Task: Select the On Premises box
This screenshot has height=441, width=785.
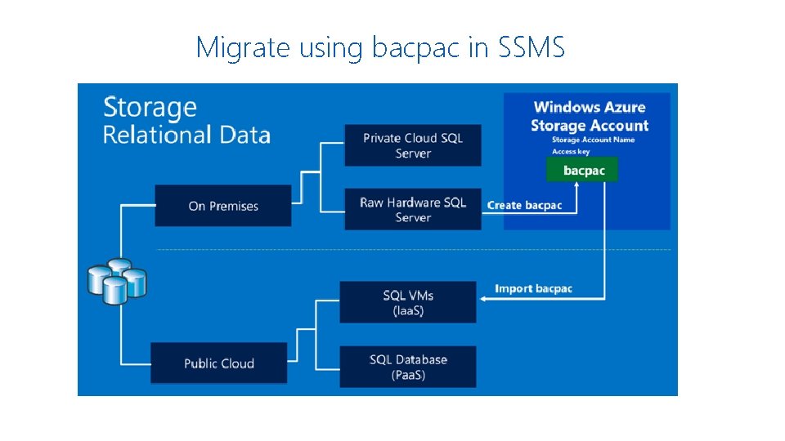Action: (222, 206)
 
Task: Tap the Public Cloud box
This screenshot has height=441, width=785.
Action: (219, 363)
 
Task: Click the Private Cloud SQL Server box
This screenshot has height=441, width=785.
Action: (413, 145)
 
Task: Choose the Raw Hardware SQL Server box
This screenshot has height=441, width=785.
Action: (413, 209)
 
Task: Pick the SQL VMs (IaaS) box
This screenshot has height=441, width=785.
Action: (408, 302)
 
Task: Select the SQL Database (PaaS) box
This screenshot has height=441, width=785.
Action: (408, 367)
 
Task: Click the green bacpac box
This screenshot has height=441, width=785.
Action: (584, 170)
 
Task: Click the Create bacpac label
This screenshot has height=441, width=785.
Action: (525, 205)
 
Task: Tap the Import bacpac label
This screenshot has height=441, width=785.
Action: (534, 288)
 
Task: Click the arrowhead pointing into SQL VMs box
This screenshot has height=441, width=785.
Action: (482, 299)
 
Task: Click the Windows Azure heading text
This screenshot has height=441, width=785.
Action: (590, 107)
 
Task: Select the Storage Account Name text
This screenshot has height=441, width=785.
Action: (593, 140)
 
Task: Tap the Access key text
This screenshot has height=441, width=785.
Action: (571, 151)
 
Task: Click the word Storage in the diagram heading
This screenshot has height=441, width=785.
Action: (150, 108)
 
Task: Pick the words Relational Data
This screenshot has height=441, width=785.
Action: (186, 135)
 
